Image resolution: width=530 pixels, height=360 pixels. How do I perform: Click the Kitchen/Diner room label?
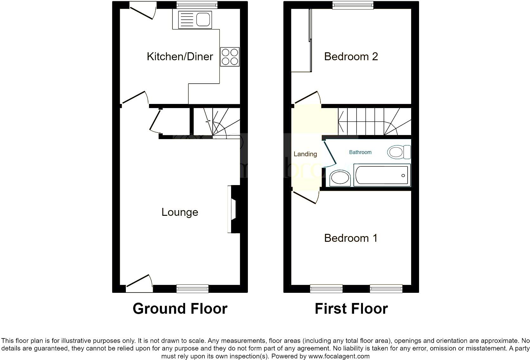180,56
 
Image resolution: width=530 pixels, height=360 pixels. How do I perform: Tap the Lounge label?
180,212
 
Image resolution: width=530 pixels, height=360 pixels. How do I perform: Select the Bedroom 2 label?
351,56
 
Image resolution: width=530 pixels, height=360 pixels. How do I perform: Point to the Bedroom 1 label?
351,238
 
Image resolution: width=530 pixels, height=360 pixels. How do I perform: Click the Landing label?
305,154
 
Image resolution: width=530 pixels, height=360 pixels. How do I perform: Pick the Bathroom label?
360,152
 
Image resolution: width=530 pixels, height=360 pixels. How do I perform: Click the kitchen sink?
195,20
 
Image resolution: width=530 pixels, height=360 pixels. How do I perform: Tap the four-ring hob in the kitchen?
230,57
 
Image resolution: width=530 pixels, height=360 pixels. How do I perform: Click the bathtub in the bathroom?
382,175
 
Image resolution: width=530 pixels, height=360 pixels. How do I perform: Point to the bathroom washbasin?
340,178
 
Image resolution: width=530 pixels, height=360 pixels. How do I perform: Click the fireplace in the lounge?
234,209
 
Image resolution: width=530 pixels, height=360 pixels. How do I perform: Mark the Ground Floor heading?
180,309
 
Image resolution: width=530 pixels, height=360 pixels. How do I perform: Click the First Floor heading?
351,309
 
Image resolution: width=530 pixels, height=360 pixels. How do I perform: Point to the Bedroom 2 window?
353,5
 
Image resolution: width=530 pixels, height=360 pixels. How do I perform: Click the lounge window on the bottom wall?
192,288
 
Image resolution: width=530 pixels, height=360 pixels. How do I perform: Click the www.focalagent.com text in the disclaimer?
339,356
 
